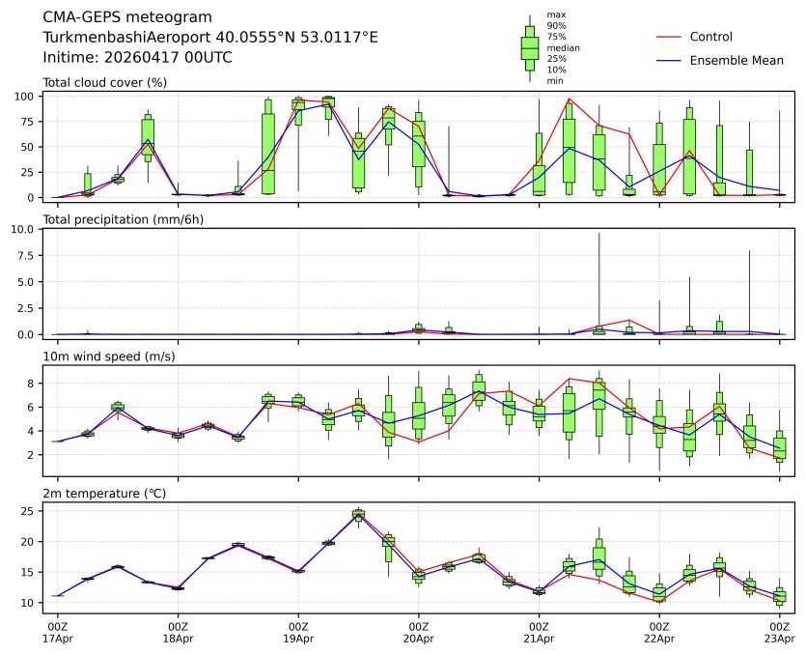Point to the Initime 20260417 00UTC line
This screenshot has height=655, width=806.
tap(138, 57)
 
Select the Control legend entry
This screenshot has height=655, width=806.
tap(710, 37)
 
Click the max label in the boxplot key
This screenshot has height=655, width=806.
tap(555, 14)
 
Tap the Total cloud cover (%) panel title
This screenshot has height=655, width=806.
tap(104, 82)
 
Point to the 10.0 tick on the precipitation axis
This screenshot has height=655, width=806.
tap(26, 230)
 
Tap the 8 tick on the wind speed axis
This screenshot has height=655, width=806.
tap(33, 384)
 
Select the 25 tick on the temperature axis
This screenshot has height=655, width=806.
tap(29, 510)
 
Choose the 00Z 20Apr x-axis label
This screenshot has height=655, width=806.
tap(419, 632)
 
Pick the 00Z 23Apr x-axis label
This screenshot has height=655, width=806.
tap(779, 632)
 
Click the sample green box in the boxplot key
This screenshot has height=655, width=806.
tap(529, 46)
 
